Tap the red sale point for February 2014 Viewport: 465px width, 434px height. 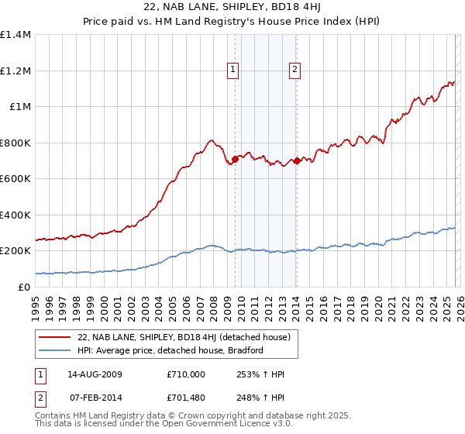pos(297,160)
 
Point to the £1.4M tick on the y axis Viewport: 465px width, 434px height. pos(15,35)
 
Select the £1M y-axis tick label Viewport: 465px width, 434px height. pos(19,107)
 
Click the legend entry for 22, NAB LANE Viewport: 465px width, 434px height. pos(184,337)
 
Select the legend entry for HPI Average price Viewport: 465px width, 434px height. pos(170,350)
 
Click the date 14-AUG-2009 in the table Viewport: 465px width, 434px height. pos(95,374)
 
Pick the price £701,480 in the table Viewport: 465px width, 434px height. pos(185,398)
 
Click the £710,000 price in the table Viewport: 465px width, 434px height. pos(185,374)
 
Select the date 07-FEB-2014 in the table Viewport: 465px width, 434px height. pos(95,398)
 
